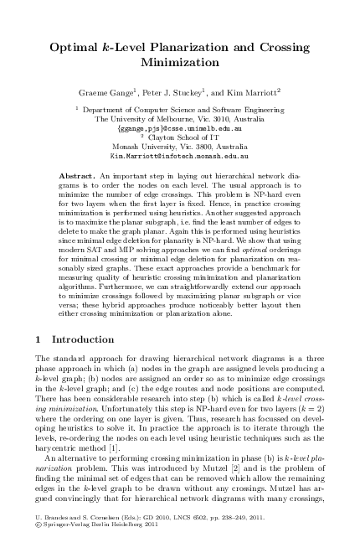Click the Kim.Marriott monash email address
click(179, 156)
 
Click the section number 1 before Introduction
click(39, 340)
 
